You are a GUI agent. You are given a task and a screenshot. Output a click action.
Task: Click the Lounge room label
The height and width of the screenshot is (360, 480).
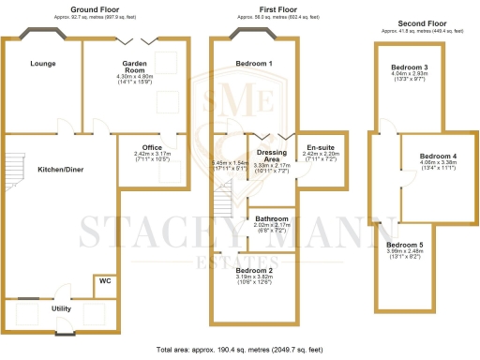(42, 64)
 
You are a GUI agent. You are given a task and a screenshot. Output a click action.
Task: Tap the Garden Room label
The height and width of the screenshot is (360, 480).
(138, 64)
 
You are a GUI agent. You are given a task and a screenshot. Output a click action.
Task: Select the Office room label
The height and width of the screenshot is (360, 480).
(153, 147)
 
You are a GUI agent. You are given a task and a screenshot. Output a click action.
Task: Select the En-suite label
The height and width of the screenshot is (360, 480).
(321, 148)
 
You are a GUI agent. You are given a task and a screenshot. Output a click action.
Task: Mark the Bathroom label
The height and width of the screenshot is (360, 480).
(272, 219)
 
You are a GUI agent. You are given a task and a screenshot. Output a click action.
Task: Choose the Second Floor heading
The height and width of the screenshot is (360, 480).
(414, 22)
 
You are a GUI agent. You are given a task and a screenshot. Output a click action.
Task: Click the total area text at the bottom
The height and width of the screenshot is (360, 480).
(240, 351)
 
